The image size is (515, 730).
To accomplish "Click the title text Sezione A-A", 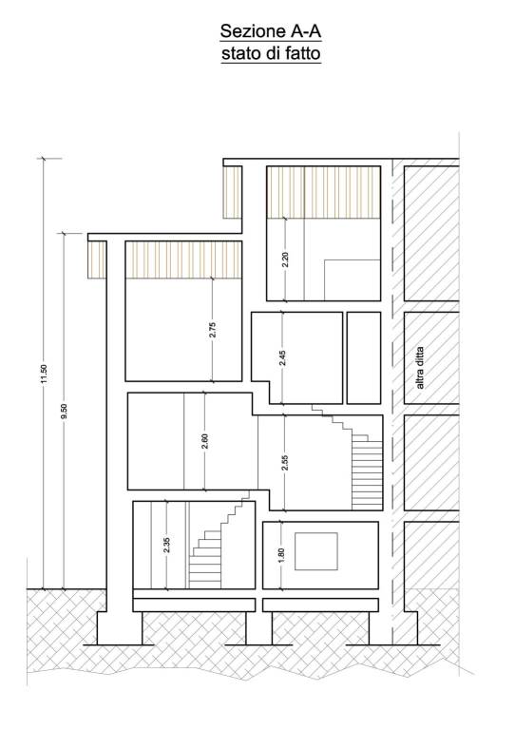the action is pos(270,31).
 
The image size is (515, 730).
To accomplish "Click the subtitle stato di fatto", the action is pos(271,53).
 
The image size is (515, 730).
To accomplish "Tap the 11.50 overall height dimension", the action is pos(45,375).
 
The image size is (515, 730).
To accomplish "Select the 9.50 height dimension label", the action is pos(65,411).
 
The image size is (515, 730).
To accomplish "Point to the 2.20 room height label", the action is pos(285,259).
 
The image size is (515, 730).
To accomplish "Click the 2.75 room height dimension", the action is pos(212,330).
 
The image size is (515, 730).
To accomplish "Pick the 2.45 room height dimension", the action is pos(283,357).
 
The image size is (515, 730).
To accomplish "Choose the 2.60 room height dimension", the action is pos(204,441).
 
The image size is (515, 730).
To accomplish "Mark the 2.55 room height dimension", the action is pos(285,462).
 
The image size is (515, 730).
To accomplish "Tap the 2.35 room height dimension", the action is pos(166,546).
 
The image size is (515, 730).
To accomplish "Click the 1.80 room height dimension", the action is pos(280,555).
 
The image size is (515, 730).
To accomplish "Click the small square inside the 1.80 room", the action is pos(316,551).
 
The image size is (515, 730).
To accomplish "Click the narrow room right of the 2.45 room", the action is pos(364,357).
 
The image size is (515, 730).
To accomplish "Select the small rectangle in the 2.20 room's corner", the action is pos(353,280).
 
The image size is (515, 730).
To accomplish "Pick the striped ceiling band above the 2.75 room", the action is pos(183,259).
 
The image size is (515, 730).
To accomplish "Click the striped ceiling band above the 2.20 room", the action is pos(324,192).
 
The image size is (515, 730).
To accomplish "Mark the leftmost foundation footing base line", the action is pos(118,644).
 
